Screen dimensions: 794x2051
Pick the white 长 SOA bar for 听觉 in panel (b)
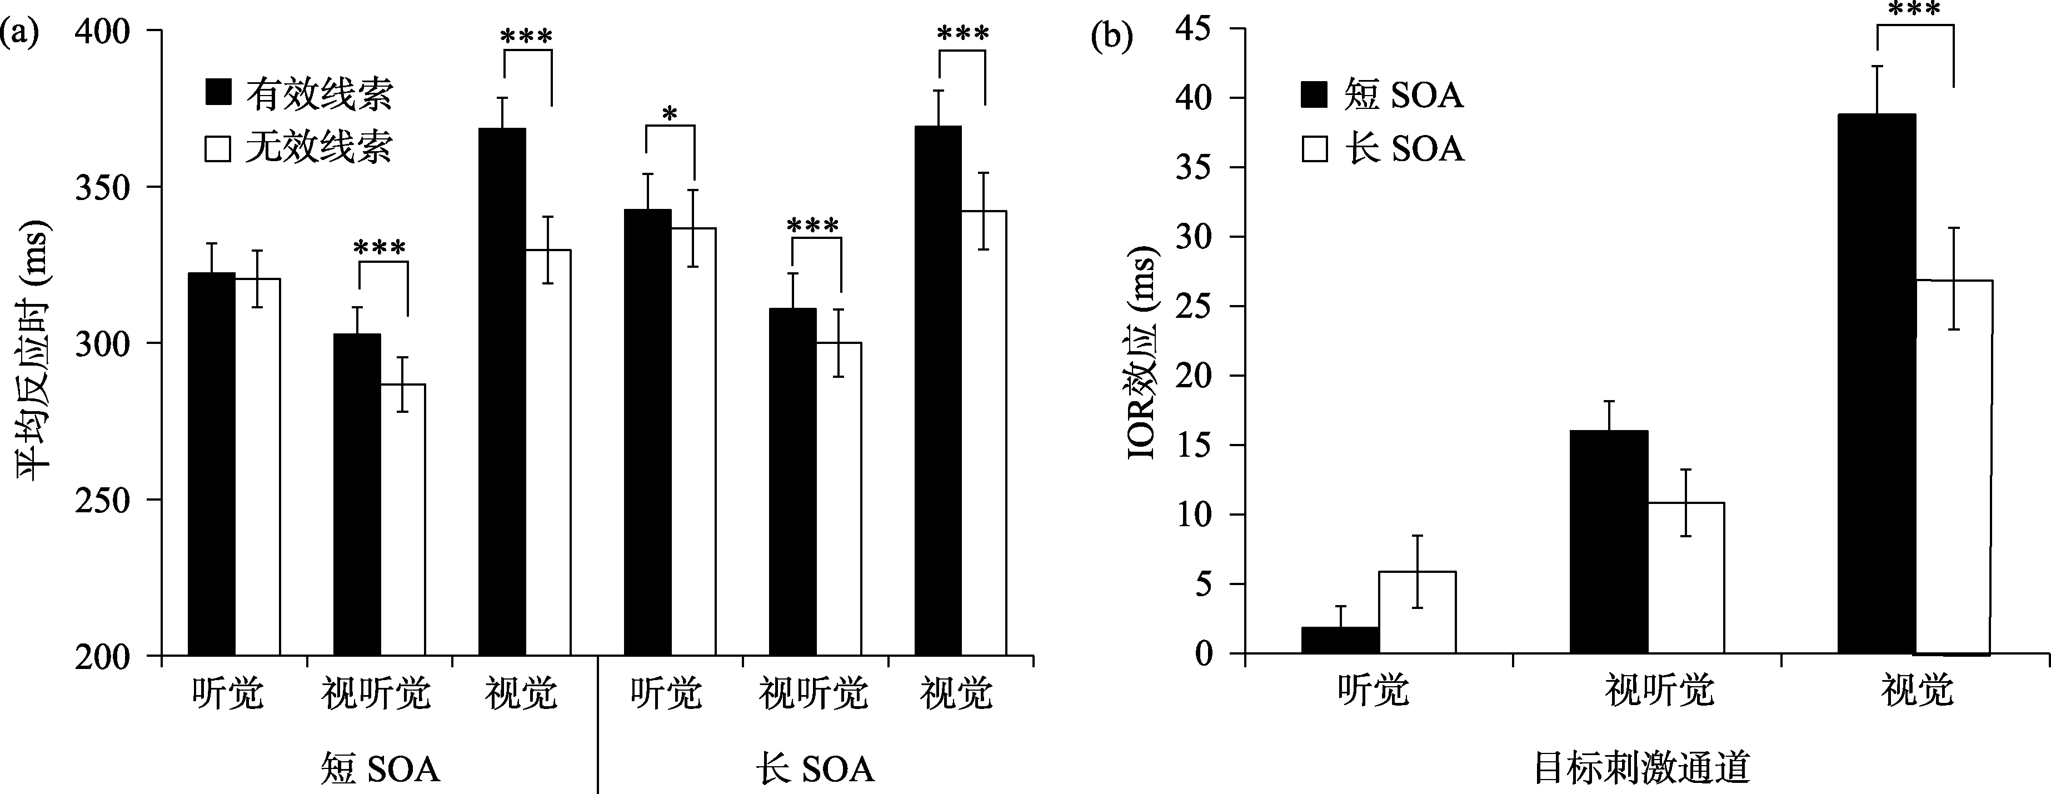[1417, 612]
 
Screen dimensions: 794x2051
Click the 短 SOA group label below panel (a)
[381, 768]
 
